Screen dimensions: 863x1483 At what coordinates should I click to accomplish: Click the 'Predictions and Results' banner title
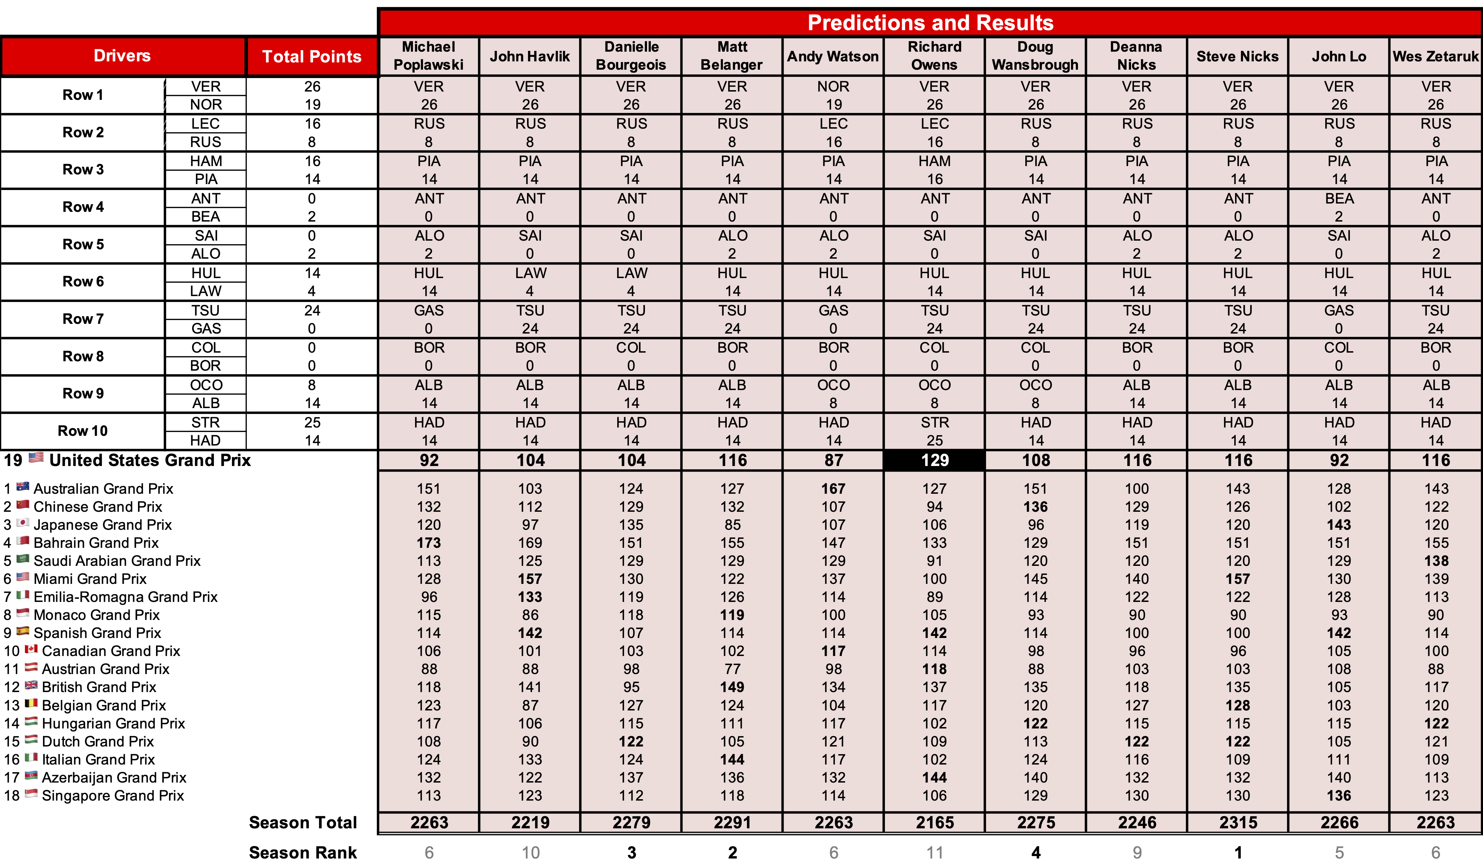coord(930,22)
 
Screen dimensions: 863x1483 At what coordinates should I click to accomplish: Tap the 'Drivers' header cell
coord(122,56)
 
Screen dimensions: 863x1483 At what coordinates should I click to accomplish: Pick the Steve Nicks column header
coord(1237,57)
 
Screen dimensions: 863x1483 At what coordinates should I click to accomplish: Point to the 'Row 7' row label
coord(83,319)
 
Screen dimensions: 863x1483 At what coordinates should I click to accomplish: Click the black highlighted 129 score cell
coord(934,460)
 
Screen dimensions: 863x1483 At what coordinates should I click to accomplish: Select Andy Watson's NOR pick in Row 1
coord(833,86)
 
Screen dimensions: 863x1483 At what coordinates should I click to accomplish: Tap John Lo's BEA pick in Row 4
coord(1339,199)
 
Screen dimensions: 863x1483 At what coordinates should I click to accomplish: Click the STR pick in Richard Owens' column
coord(934,422)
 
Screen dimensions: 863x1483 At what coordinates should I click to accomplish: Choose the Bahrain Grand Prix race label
coord(96,542)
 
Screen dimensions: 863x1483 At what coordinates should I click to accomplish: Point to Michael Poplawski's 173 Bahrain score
coord(429,542)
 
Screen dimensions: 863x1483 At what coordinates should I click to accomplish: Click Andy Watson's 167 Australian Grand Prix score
coord(833,488)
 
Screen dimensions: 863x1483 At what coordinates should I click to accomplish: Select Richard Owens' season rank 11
coord(934,852)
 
